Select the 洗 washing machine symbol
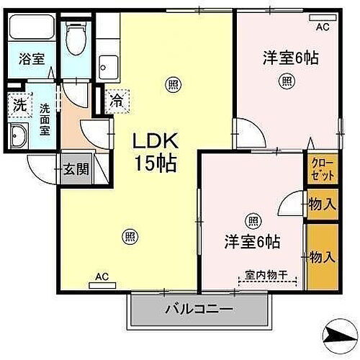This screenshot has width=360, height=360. [x=19, y=104]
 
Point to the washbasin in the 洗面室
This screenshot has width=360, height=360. [x=19, y=135]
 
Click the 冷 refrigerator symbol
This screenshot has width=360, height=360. [x=115, y=102]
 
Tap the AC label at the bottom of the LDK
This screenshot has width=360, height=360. [x=102, y=274]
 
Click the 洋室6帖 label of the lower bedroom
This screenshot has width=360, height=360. [x=251, y=242]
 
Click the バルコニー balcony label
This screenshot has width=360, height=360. [x=199, y=310]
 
